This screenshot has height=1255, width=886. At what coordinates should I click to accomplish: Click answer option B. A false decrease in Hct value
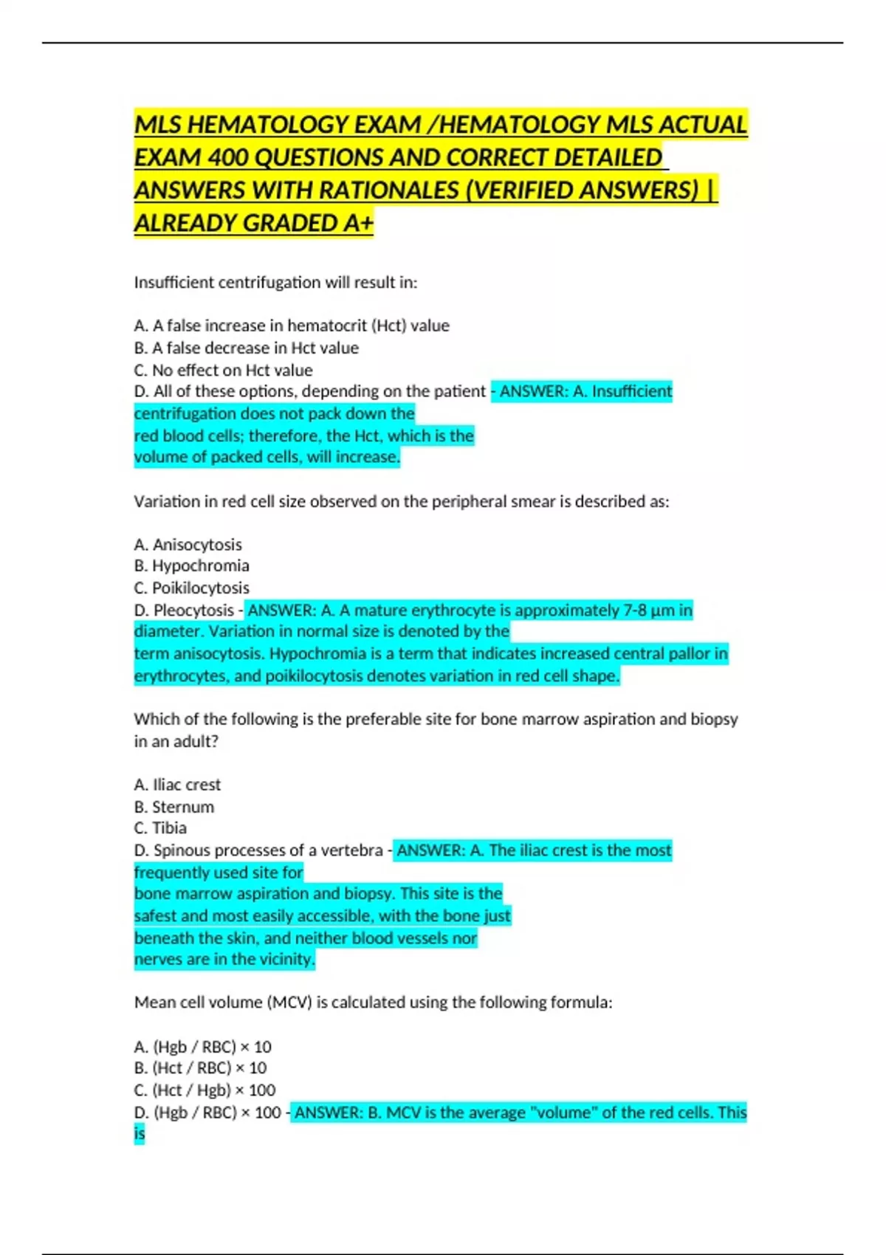point(247,348)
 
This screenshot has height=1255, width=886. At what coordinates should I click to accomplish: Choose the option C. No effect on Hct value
point(223,370)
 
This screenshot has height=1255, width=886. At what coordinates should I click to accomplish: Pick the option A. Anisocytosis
point(188,544)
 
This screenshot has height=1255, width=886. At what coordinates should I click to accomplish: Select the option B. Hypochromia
point(191,565)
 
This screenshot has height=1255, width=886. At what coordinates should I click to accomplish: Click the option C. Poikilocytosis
point(191,588)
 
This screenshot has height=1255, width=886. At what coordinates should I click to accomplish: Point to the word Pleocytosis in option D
point(193,610)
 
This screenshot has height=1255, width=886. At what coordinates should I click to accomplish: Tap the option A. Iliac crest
point(177,784)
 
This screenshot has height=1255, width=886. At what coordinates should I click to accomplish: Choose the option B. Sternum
point(174,806)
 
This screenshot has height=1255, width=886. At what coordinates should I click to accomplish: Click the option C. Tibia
point(160,828)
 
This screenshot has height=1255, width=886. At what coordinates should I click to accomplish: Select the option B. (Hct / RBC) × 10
point(200,1067)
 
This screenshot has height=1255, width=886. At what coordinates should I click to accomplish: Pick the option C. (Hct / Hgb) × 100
point(205,1090)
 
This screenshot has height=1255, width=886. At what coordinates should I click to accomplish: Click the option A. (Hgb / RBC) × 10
point(202,1046)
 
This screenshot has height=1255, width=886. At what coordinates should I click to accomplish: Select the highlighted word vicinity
point(286,959)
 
